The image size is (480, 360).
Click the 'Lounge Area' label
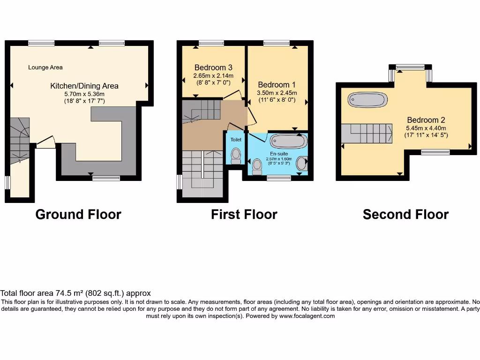pyautogui.click(x=45, y=67)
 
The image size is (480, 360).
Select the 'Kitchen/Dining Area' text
pyautogui.click(x=84, y=86)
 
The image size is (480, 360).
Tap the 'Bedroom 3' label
pyautogui.click(x=213, y=67)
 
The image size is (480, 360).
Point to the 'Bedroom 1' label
pyautogui.click(x=277, y=85)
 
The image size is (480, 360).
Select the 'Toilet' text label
pyautogui.click(x=235, y=140)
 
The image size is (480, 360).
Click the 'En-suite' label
pyautogui.click(x=278, y=153)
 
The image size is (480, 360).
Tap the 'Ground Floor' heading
pyautogui.click(x=78, y=215)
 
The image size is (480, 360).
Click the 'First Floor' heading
pyautogui.click(x=244, y=215)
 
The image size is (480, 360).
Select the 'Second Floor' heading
pyautogui.click(x=405, y=215)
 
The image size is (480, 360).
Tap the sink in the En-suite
pyautogui.click(x=302, y=164)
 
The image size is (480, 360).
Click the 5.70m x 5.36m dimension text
pyautogui.click(x=84, y=94)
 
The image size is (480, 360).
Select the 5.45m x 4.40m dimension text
pyautogui.click(x=426, y=128)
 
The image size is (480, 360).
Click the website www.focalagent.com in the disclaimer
pyautogui.click(x=307, y=316)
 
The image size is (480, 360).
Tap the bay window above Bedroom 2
pyautogui.click(x=410, y=67)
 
